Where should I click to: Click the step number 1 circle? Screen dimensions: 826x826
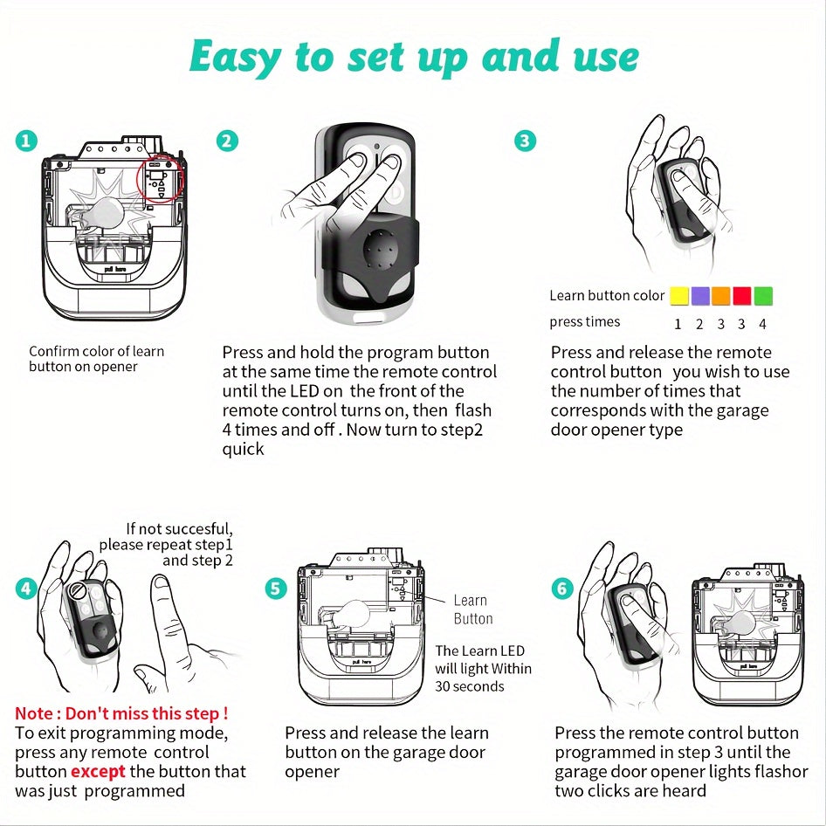[x=27, y=140]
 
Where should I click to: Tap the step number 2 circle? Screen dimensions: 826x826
[x=227, y=140]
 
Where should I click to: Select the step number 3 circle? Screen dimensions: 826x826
[x=525, y=140]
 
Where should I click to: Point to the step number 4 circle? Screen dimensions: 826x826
[x=27, y=588]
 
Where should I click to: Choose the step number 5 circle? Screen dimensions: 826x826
[x=276, y=588]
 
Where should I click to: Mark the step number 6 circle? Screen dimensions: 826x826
[x=561, y=588]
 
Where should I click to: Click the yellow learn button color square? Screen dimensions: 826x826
[x=678, y=296]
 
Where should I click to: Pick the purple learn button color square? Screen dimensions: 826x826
[x=699, y=296]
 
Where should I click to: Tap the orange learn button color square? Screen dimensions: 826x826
[x=721, y=296]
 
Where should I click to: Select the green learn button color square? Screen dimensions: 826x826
[x=763, y=296]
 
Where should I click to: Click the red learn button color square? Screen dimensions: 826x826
[x=742, y=296]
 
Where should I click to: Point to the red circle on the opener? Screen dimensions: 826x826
[x=162, y=181]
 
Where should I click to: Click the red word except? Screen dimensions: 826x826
[x=98, y=772]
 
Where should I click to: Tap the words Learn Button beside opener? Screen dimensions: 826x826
[x=472, y=609]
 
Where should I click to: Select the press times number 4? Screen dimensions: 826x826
[x=762, y=324]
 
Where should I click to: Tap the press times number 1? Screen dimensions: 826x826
[x=678, y=324]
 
